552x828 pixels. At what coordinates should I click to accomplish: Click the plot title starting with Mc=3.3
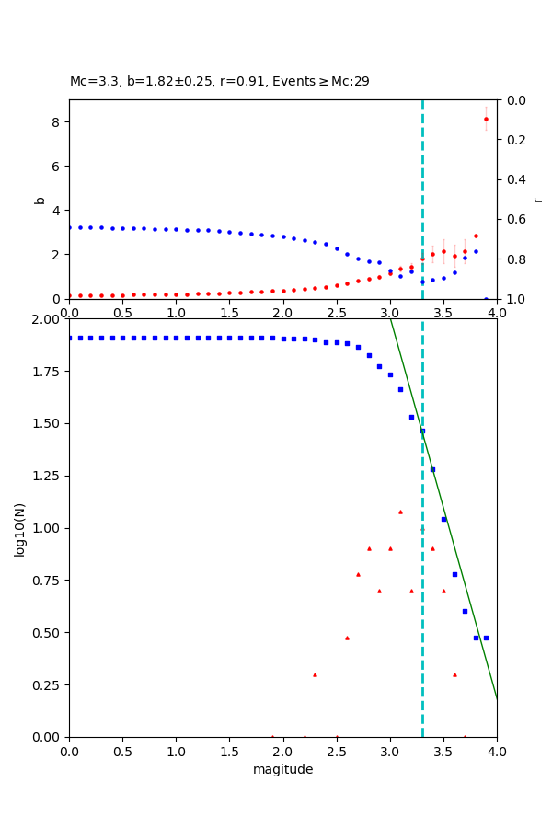click(x=219, y=82)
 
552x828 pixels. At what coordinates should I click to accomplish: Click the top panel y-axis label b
click(x=40, y=199)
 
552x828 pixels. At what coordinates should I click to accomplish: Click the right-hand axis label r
click(x=538, y=199)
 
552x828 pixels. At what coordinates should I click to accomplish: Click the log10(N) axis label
click(x=20, y=528)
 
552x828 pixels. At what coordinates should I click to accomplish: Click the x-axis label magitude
click(x=282, y=770)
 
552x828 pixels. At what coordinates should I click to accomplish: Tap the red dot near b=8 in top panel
click(x=486, y=119)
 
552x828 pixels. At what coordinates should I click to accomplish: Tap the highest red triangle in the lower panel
click(x=400, y=512)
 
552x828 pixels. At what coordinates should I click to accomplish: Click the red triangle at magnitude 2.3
click(x=315, y=674)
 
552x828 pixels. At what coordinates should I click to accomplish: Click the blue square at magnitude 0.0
click(x=69, y=338)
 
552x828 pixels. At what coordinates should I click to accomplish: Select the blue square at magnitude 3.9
click(x=486, y=638)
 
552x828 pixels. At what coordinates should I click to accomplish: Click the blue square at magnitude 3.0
click(x=390, y=374)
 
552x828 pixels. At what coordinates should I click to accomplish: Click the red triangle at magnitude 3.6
click(x=454, y=674)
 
